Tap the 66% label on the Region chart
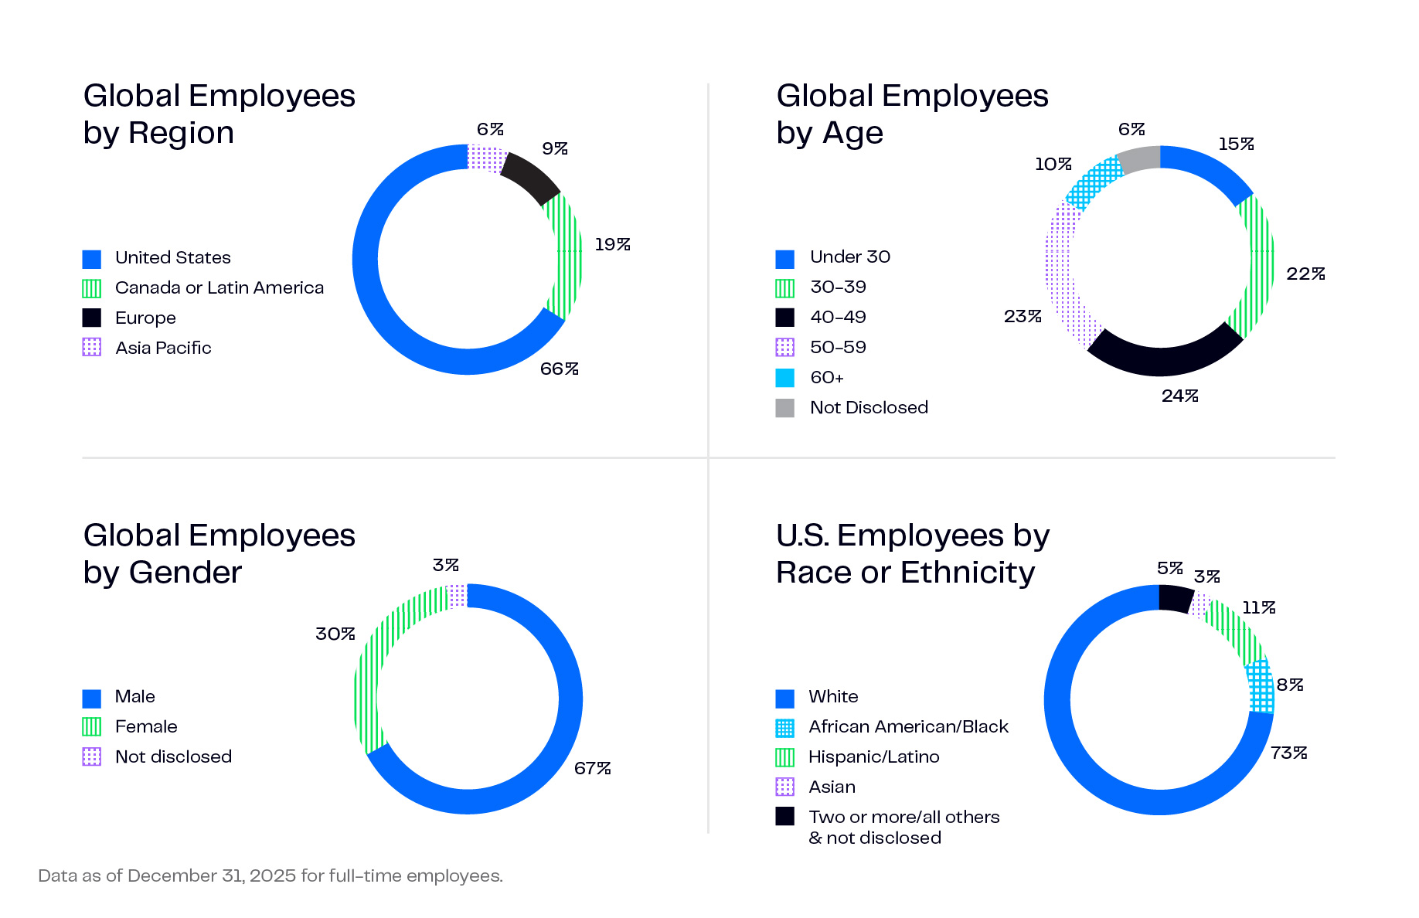point(559,369)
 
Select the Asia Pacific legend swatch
point(91,347)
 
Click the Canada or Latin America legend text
point(219,287)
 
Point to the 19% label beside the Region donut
point(612,245)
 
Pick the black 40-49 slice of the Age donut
point(1164,352)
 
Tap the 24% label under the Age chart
point(1179,396)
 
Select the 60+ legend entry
point(826,378)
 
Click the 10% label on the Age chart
point(1053,165)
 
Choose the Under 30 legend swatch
point(784,258)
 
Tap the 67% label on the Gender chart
point(592,768)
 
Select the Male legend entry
point(134,697)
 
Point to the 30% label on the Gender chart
point(335,634)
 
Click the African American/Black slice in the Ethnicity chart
point(1261,686)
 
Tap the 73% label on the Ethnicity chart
point(1288,753)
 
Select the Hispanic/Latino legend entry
point(873,757)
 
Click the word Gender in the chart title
point(185,573)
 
